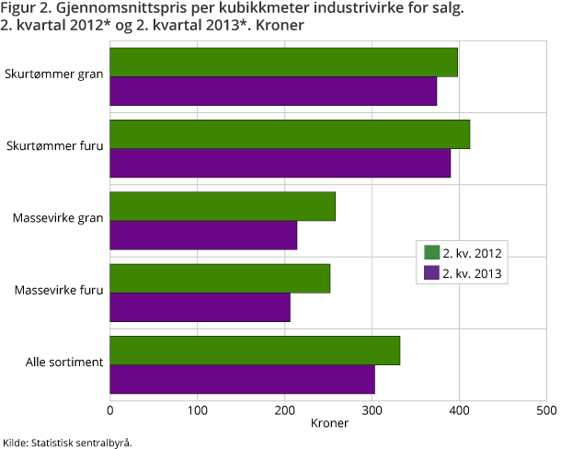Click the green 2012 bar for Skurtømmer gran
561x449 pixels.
tap(283, 63)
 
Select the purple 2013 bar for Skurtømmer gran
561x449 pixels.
tap(273, 91)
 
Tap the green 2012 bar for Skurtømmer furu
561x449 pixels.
tap(290, 134)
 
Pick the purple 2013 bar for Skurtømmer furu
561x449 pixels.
tap(280, 163)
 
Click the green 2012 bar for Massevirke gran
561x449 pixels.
tap(223, 206)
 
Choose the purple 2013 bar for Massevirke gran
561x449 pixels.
tap(203, 235)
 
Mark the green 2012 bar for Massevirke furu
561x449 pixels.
tap(220, 279)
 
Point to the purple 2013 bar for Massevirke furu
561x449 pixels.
tap(200, 307)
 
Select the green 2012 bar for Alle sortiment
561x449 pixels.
tap(255, 351)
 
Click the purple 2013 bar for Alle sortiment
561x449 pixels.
tap(243, 379)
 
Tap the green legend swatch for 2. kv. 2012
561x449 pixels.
tap(430, 253)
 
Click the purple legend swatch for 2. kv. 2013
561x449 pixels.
tap(430, 272)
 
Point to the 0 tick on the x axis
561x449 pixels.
tap(110, 409)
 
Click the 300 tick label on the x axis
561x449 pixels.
tap(372, 409)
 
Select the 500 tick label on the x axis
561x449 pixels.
tap(545, 409)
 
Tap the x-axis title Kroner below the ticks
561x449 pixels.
tap(328, 424)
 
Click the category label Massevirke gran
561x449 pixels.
tap(57, 219)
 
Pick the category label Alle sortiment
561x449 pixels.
tap(63, 363)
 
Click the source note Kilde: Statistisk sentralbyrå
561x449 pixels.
tap(67, 443)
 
